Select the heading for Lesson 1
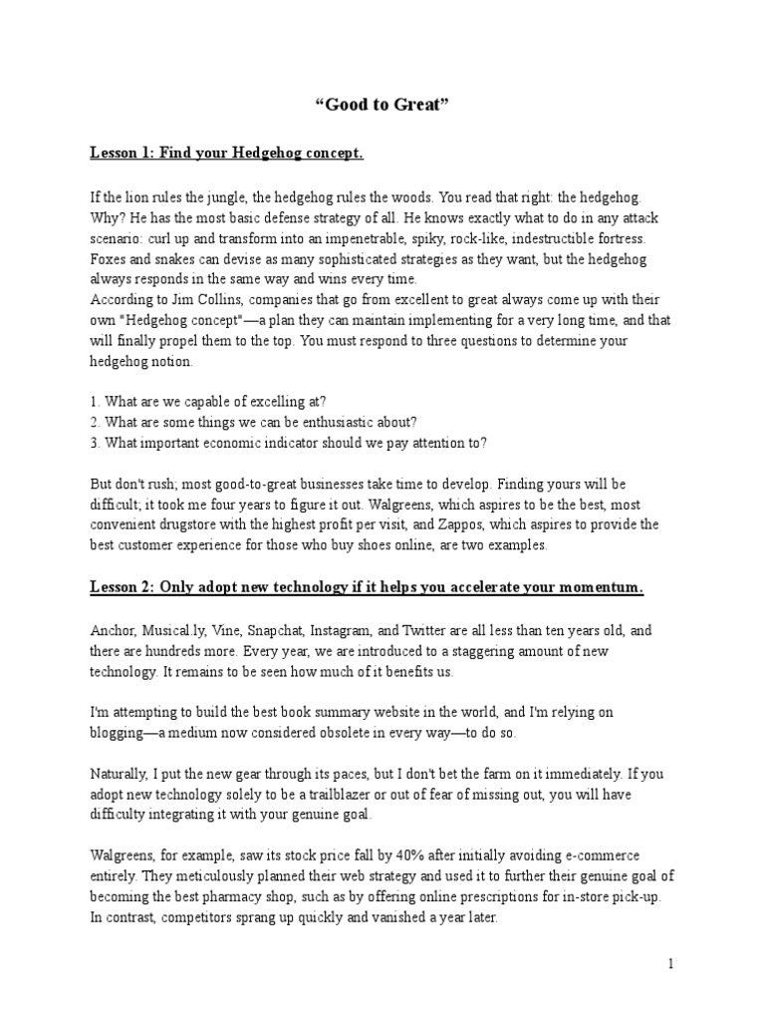227,154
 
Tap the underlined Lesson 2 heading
367,588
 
